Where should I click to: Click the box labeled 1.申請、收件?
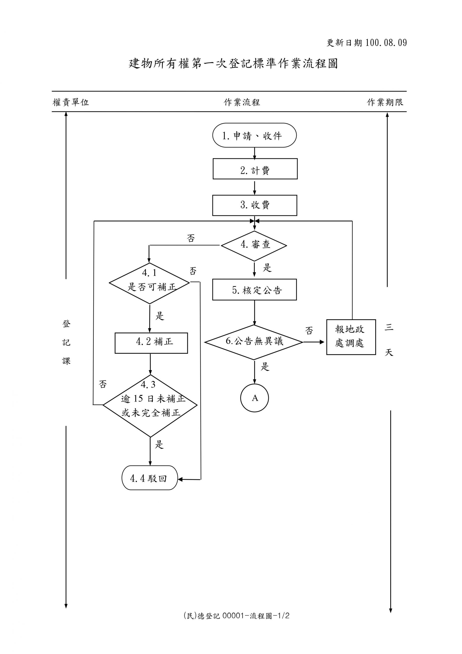coord(254,135)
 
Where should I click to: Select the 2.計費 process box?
coord(255,169)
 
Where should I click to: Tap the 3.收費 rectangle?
coord(254,205)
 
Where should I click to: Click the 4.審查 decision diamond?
coord(254,246)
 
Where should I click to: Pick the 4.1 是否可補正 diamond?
coord(149,283)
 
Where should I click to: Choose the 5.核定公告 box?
coord(254,290)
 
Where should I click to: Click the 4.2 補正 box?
coord(151,343)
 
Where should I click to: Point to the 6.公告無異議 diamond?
coord(254,342)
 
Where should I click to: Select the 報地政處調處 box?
coord(351,337)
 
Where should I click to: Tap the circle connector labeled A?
coord(254,398)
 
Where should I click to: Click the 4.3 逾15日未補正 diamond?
coord(150,406)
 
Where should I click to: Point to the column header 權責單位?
coord(71,102)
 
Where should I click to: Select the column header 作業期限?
coord(385,102)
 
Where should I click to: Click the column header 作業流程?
coord(242,102)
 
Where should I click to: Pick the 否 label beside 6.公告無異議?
coord(309,331)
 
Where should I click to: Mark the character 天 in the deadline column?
coord(389,353)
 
